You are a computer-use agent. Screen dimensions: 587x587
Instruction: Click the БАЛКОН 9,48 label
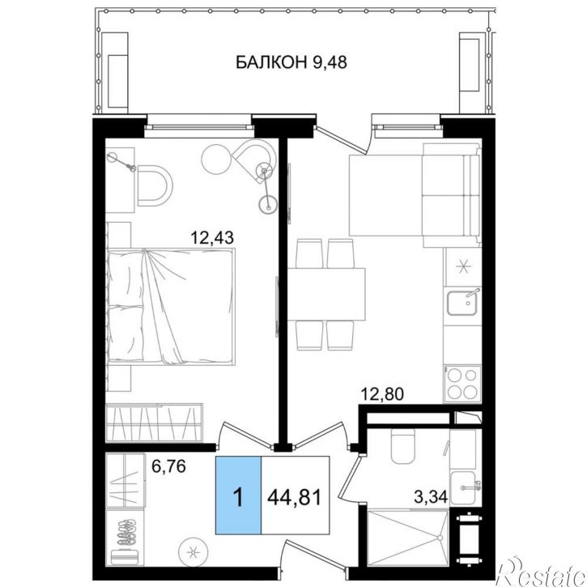(291, 62)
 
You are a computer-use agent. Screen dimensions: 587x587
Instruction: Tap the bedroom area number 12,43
(212, 237)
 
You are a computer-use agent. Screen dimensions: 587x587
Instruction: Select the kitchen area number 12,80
(382, 394)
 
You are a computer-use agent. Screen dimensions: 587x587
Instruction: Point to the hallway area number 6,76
(168, 466)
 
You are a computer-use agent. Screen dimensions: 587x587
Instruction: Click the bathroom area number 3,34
(431, 497)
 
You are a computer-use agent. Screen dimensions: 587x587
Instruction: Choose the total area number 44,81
(295, 498)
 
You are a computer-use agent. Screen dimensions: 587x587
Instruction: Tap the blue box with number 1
(238, 495)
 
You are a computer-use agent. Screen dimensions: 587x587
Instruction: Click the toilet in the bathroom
(403, 445)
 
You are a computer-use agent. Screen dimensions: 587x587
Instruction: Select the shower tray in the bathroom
(408, 538)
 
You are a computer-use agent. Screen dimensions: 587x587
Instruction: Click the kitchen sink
(462, 302)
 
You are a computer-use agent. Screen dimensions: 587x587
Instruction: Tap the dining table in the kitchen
(326, 293)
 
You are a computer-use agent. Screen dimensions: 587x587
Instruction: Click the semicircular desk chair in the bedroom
(155, 185)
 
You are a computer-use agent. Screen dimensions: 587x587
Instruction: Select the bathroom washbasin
(464, 487)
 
